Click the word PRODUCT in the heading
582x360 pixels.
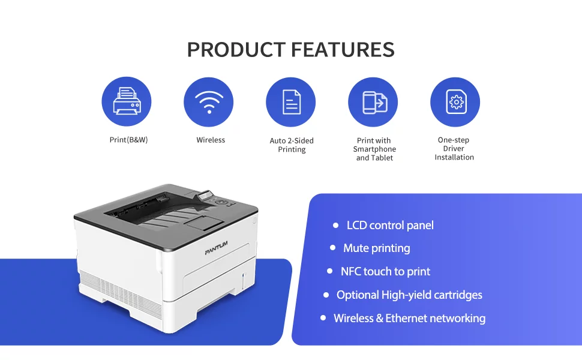click(x=236, y=50)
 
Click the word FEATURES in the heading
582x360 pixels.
click(x=343, y=50)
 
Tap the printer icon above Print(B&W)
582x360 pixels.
click(x=127, y=101)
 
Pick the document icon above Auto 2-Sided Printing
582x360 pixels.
click(x=292, y=102)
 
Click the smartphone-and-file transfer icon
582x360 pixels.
click(x=374, y=102)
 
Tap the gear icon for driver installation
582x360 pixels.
click(x=456, y=101)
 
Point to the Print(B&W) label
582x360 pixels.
click(x=128, y=140)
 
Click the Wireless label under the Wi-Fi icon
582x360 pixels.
click(x=211, y=140)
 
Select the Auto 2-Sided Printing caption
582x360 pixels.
click(x=292, y=145)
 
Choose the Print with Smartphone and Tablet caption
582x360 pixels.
click(x=374, y=149)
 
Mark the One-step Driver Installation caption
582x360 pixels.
click(x=454, y=148)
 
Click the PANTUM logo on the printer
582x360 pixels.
click(x=216, y=248)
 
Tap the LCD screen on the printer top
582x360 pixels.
click(x=206, y=196)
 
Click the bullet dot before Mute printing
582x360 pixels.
click(x=332, y=248)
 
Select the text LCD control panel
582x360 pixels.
click(x=390, y=225)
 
